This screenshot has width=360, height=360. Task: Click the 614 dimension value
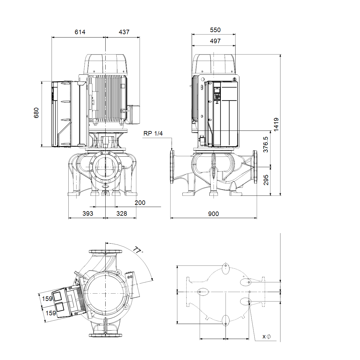80,32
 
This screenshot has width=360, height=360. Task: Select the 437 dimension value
124,32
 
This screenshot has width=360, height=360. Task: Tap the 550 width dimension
215,30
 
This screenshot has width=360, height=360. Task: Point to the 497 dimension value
215,41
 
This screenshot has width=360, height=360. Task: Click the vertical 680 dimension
36,113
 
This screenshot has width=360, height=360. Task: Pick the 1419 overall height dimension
276,124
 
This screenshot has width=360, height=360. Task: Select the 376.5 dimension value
265,145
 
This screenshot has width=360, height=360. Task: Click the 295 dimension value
266,180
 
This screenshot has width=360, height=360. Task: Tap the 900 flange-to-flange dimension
213,214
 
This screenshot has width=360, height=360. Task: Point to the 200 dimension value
140,203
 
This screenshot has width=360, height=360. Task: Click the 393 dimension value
88,214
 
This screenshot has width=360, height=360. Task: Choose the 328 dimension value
121,214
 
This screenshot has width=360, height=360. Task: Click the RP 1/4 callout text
153,133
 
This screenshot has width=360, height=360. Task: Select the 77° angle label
138,250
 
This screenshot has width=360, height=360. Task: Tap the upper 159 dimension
47,299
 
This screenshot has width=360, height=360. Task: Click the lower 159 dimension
51,313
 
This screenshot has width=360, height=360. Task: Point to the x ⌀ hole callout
267,337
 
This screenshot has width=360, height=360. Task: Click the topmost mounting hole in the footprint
226,265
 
